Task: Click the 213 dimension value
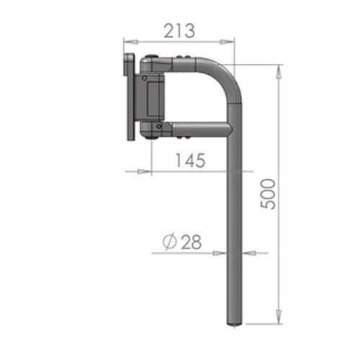click(179, 31)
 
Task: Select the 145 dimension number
click(189, 161)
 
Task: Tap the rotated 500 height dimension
click(267, 193)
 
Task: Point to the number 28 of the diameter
click(191, 243)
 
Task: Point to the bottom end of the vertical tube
click(236, 323)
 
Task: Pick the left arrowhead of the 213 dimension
click(126, 42)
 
